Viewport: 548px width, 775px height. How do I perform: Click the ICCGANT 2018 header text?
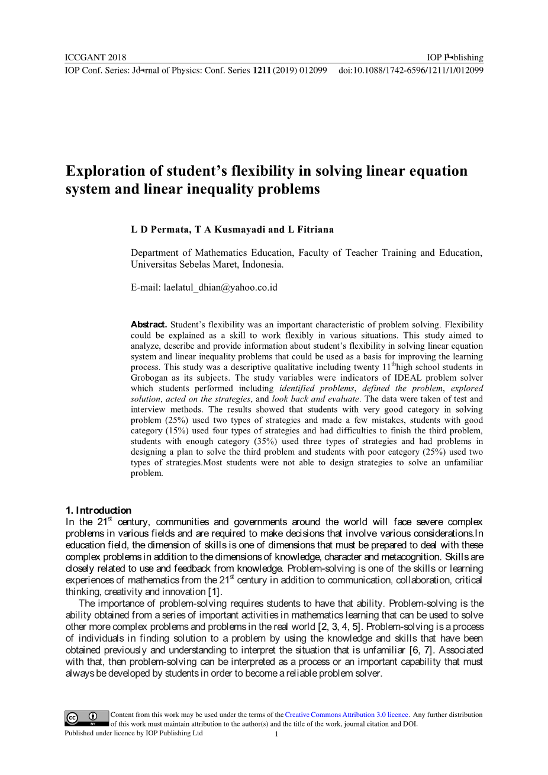click(95, 57)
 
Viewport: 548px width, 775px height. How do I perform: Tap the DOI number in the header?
click(411, 70)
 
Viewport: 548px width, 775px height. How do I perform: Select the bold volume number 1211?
click(262, 70)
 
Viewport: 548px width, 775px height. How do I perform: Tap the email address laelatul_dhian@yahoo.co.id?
click(220, 288)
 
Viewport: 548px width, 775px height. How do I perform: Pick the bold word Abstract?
click(149, 324)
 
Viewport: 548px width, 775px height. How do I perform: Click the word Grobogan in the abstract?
click(150, 378)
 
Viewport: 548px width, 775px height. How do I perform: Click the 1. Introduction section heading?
click(98, 510)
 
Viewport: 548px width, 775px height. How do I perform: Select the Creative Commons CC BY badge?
click(87, 718)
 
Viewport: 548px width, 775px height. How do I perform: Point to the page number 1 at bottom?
click(276, 735)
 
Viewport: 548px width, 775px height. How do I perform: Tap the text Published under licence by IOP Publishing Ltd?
click(133, 733)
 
